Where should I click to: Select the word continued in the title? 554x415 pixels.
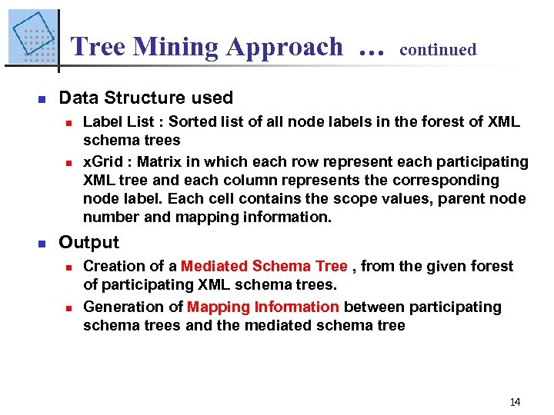coord(438,50)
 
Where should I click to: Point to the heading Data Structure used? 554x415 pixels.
coord(145,98)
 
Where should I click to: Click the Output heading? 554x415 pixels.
coord(88,242)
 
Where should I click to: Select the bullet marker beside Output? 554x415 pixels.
coord(42,243)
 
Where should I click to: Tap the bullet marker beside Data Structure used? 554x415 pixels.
coord(42,98)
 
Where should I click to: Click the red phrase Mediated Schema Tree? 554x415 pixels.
coord(264,266)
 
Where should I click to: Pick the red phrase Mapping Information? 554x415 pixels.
coord(262,307)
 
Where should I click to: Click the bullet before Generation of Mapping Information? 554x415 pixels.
coord(68,307)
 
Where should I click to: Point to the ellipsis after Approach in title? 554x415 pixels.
coord(370,51)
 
